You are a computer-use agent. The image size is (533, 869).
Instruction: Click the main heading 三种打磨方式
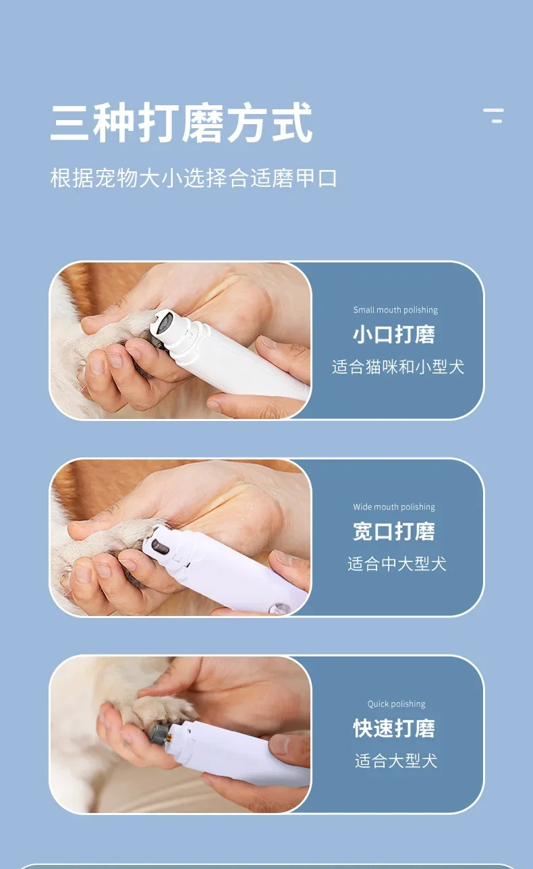pos(181,123)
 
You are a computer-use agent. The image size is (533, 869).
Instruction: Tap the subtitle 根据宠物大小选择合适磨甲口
pos(193,178)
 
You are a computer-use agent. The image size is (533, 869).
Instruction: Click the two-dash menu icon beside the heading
pos(493,115)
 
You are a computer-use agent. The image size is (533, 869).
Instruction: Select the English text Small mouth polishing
pos(395,310)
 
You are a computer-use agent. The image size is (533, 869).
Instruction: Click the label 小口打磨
pos(394,335)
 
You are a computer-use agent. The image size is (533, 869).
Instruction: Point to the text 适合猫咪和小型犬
pos(398,366)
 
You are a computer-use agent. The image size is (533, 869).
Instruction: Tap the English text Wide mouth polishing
pos(394,507)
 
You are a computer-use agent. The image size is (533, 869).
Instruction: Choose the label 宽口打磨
pos(394,531)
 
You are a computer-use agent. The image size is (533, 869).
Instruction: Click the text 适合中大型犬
pos(397,563)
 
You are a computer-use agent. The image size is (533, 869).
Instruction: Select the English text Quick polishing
pos(396,704)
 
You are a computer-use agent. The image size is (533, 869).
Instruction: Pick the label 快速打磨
pos(394,728)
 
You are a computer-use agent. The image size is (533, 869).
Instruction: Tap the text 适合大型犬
pos(396,761)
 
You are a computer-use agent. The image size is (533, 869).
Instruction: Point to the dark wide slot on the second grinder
pos(160,546)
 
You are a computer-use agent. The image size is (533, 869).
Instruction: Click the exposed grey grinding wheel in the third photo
pos(159,733)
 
